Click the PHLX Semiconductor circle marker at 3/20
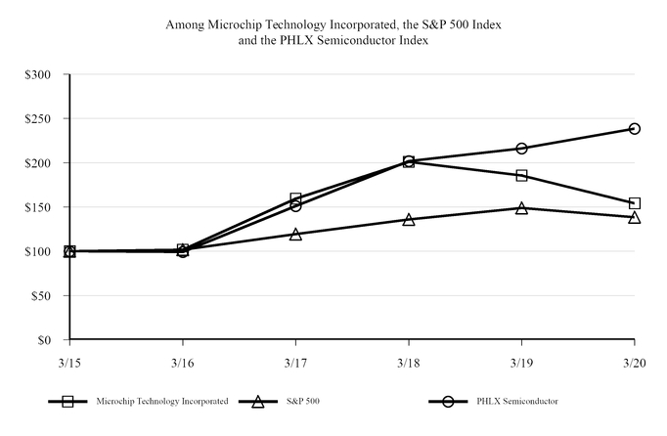(x=635, y=128)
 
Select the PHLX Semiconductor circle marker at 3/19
(x=521, y=149)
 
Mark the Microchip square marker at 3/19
(x=521, y=176)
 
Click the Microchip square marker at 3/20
(x=635, y=203)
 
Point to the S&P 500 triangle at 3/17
(x=295, y=234)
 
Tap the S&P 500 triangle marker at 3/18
(x=409, y=219)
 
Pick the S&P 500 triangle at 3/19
(x=521, y=207)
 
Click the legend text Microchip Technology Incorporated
(x=162, y=401)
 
